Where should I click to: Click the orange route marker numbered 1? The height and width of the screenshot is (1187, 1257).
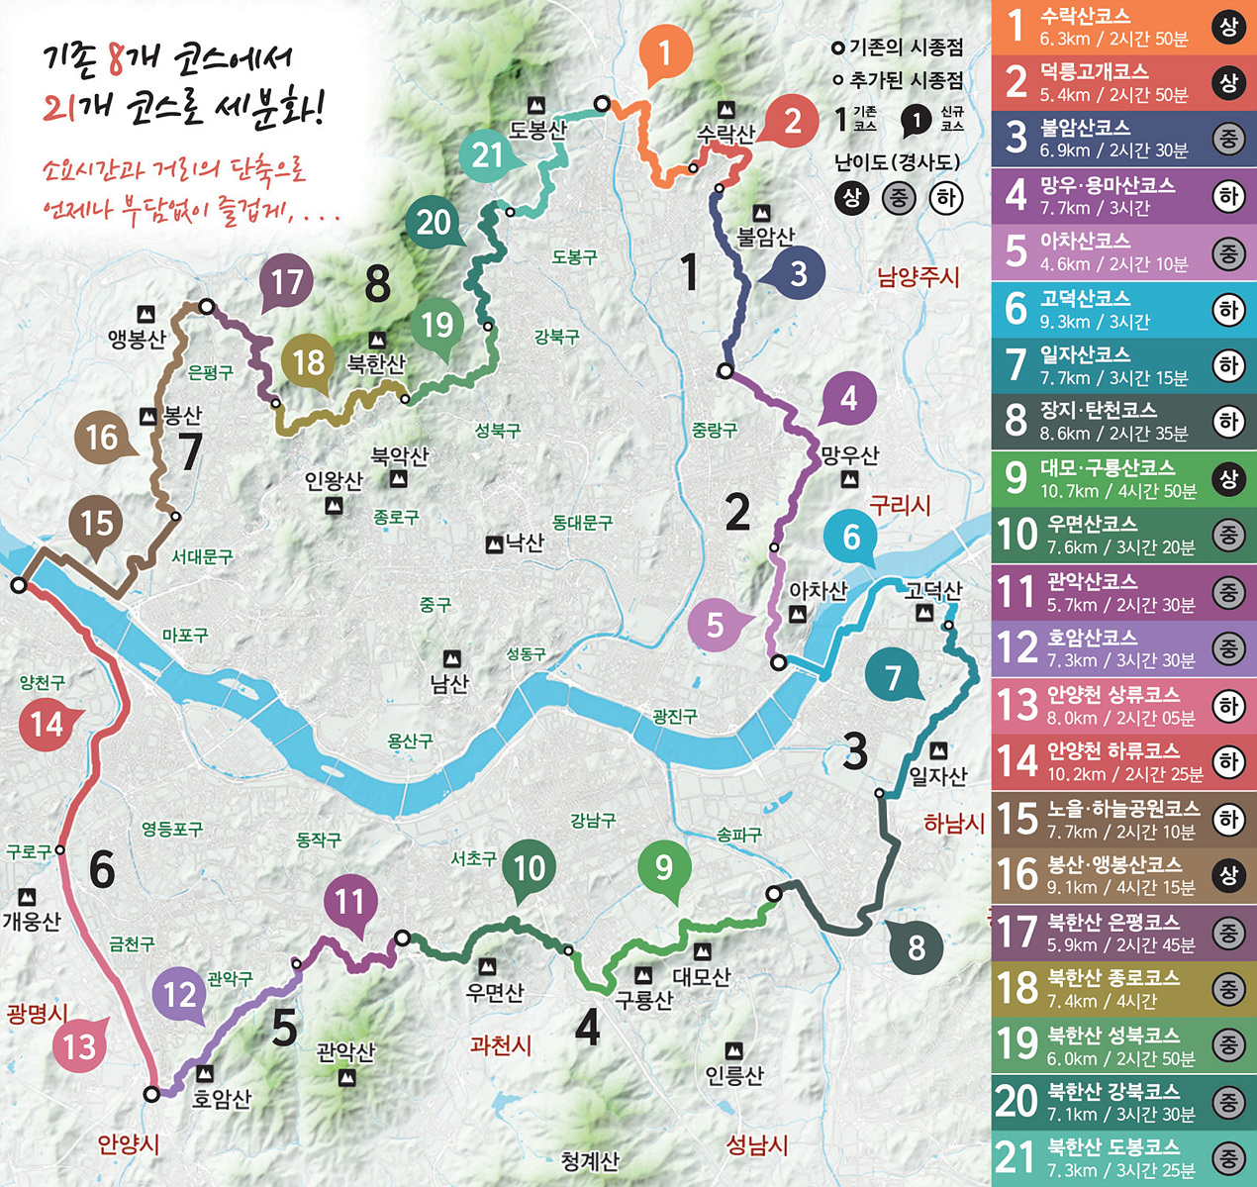(x=664, y=52)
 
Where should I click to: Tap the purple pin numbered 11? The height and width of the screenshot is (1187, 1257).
(x=349, y=902)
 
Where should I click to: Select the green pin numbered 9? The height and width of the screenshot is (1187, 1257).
(x=664, y=867)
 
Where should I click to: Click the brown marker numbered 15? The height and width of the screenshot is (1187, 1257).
(x=97, y=523)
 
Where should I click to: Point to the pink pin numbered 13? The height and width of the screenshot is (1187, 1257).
(x=79, y=1045)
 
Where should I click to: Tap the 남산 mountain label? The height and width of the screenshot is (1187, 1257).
(x=449, y=683)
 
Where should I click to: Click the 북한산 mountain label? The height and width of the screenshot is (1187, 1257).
(x=376, y=363)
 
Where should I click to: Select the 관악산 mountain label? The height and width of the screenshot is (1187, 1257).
(x=345, y=1051)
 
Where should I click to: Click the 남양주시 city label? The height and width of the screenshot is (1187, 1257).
(x=918, y=276)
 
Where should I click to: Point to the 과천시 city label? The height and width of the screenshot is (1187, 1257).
(x=501, y=1044)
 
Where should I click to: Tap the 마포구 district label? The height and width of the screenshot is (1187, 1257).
(x=185, y=635)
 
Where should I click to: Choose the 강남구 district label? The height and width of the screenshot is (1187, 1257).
(x=593, y=820)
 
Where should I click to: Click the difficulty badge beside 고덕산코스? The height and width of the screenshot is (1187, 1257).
(x=1228, y=310)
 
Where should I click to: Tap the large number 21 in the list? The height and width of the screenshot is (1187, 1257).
(x=1015, y=1156)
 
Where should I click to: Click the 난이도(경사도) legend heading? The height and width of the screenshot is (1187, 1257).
(x=897, y=161)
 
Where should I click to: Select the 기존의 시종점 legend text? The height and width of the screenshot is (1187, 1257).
(x=906, y=48)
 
